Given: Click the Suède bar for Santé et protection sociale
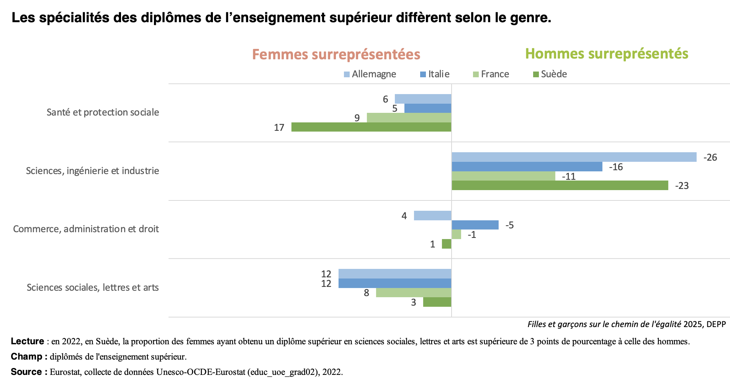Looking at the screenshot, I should [x=371, y=127].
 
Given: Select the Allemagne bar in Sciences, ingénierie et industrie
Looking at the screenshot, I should [x=574, y=157].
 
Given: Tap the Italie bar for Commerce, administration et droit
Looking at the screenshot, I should [x=475, y=225].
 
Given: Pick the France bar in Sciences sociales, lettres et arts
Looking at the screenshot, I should [x=414, y=293].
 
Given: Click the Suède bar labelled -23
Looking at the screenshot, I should [x=560, y=186].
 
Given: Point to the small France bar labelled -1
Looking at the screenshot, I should [x=456, y=234].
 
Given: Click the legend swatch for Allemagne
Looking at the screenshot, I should [x=347, y=74].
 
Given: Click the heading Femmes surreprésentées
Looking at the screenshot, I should [x=336, y=54].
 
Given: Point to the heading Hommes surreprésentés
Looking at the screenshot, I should [x=607, y=54].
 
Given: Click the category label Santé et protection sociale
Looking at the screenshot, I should [x=103, y=112].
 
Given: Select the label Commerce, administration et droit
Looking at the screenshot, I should [x=86, y=229].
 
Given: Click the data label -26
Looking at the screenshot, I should [x=710, y=158].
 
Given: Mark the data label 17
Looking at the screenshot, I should [x=279, y=128].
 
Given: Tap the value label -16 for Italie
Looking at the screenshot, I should [x=616, y=167].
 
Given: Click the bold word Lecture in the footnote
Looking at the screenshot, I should [x=28, y=341].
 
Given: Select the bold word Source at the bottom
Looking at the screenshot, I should [x=26, y=372].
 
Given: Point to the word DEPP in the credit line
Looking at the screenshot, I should [x=716, y=324].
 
